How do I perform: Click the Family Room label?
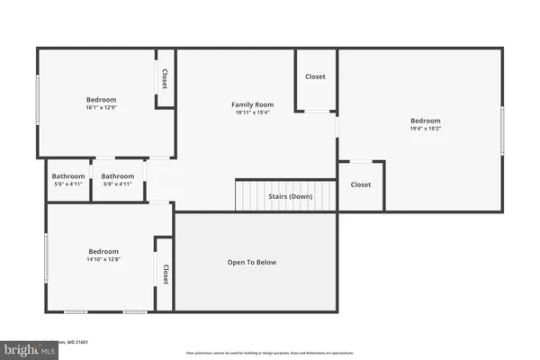(252, 105)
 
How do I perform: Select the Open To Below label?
(252, 263)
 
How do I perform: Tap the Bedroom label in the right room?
(426, 121)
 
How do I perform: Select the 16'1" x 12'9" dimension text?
(101, 108)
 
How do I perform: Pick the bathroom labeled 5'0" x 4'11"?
(68, 180)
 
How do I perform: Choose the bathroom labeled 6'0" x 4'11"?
(117, 180)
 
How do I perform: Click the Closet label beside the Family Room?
(315, 77)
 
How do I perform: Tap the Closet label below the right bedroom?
(360, 184)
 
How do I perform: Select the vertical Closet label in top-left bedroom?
(165, 79)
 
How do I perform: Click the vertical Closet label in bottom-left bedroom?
(165, 274)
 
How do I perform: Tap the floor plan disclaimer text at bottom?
(270, 353)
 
